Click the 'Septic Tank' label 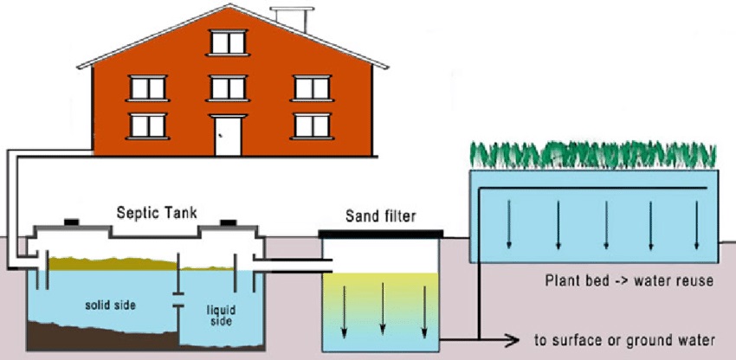click(x=157, y=214)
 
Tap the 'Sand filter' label click(x=381, y=217)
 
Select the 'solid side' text click(x=110, y=305)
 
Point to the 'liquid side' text click(x=221, y=316)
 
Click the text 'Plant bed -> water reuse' click(x=629, y=281)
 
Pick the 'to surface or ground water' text click(x=625, y=340)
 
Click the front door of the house click(x=228, y=136)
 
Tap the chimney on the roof click(x=292, y=19)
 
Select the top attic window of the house click(x=228, y=42)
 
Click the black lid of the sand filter click(x=381, y=235)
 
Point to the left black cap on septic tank click(x=71, y=222)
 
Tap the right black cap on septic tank click(x=228, y=222)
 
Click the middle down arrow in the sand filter click(x=383, y=308)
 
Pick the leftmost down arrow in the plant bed click(x=508, y=225)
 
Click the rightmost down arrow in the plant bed click(x=696, y=225)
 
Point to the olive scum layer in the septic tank click(x=113, y=264)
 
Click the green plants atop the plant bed click(x=593, y=156)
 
